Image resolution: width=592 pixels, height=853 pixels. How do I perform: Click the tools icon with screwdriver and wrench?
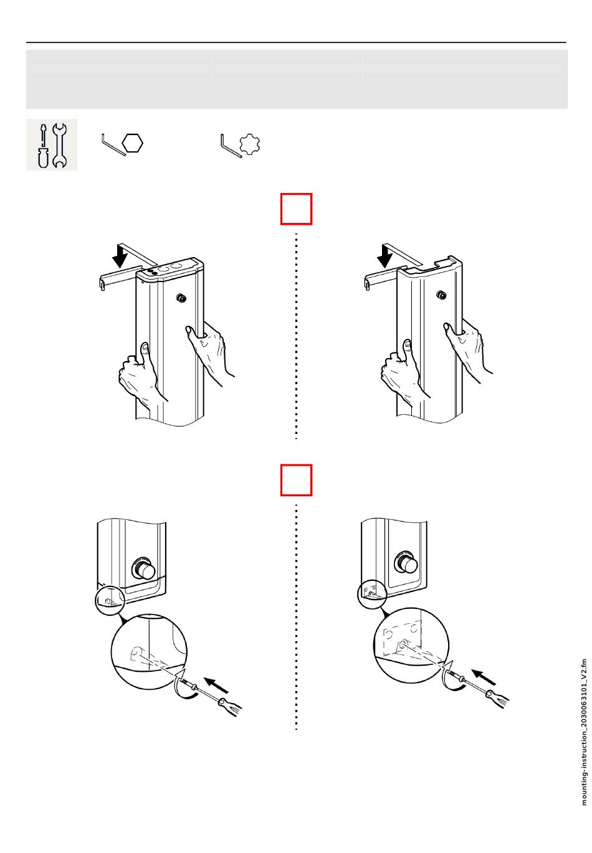pos(52,144)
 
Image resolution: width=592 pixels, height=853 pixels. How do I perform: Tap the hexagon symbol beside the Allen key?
pos(133,143)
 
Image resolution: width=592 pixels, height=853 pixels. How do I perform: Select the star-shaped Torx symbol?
pos(249,144)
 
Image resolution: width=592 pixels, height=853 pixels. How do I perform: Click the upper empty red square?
pos(296,209)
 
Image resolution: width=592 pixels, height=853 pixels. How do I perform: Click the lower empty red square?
pos(296,479)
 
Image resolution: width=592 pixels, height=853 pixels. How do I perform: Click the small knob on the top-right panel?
pos(442,294)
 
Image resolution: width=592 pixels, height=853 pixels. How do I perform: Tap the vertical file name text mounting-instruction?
pos(584,732)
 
